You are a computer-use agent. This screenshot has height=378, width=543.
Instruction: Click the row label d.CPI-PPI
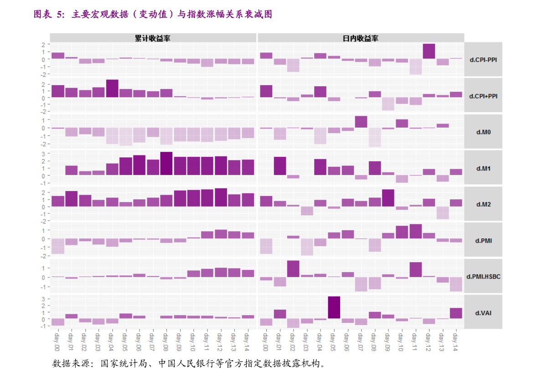pos(483,60)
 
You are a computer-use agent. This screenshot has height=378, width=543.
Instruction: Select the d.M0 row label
pos(483,132)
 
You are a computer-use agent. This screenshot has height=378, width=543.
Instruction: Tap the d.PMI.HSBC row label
pos(483,276)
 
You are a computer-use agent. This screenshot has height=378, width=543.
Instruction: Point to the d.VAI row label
pos(483,313)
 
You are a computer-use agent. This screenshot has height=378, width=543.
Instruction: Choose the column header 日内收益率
pos(360,38)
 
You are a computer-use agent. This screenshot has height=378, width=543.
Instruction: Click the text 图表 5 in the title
pos(48,15)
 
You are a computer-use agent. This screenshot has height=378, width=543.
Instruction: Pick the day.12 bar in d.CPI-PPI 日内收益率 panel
pos(429,51)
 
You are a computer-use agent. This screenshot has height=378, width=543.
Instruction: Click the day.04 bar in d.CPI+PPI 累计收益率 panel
pos(112,88)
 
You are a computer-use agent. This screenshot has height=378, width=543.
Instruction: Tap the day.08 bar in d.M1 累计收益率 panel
pos(166,163)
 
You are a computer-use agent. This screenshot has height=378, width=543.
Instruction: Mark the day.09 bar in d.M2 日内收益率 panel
pos(388,198)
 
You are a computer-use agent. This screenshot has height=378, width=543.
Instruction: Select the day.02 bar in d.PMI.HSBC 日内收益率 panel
pos(293,269)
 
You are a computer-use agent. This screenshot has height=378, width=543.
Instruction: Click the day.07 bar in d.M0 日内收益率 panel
pos(361,122)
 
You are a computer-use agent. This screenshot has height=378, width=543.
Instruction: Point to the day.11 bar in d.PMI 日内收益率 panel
pos(415,231)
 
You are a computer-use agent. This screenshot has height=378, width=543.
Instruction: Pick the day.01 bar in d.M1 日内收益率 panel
pos(280,166)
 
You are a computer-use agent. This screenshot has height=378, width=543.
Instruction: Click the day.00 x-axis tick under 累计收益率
pos(57,342)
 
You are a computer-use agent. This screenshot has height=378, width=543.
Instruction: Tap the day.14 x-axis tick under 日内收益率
pos(455,342)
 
